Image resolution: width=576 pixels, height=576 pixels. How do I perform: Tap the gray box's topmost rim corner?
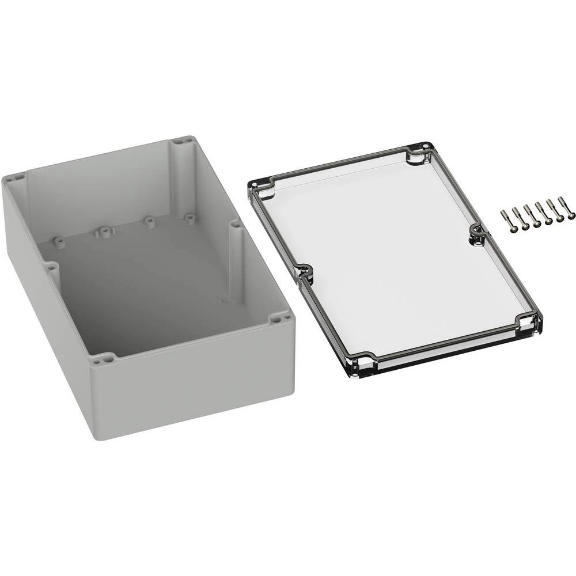click(x=184, y=140)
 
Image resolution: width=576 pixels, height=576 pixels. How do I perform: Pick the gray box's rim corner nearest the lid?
click(x=280, y=317)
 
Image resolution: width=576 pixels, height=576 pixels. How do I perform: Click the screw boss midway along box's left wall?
click(x=51, y=267)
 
